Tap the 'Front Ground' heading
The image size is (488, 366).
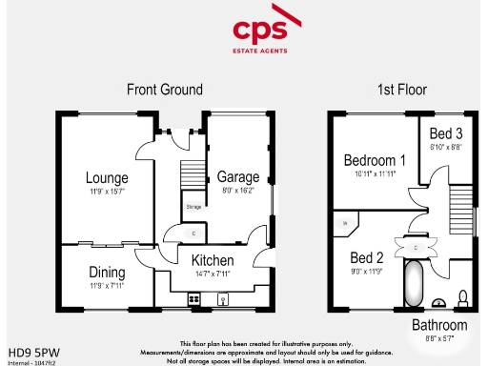164,90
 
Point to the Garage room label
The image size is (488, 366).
238,177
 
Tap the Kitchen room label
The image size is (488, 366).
213,260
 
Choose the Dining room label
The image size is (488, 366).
107,272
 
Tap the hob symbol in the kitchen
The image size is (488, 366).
193,299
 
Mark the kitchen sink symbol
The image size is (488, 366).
225,299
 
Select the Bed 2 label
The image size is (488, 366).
366,257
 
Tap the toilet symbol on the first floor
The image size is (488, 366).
463,297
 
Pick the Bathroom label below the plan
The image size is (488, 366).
439,325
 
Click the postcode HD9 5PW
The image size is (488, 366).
29,350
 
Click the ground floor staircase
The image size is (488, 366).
193,177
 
